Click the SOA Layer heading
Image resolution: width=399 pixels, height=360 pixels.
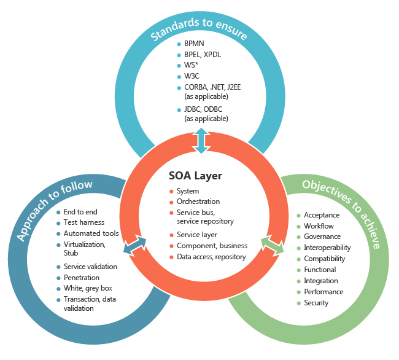pyautogui.click(x=195, y=176)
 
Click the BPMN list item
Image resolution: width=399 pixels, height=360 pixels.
pyautogui.click(x=195, y=44)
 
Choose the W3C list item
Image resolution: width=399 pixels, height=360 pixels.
pyautogui.click(x=193, y=76)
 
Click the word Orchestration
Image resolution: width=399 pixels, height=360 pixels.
pyautogui.click(x=198, y=202)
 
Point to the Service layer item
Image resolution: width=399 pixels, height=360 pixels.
pyautogui.click(x=196, y=235)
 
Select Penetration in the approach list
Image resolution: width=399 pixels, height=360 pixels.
pyautogui.click(x=82, y=278)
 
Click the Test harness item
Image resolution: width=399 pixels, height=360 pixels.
pyautogui.click(x=84, y=222)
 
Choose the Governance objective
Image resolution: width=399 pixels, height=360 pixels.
pyautogui.click(x=322, y=237)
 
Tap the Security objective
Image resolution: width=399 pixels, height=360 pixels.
pyautogui.click(x=316, y=303)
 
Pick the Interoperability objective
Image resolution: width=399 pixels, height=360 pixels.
pyautogui.click(x=327, y=248)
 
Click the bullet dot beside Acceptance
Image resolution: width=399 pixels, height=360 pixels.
pyautogui.click(x=298, y=215)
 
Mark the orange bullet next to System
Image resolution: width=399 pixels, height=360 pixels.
pyautogui.click(x=171, y=191)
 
